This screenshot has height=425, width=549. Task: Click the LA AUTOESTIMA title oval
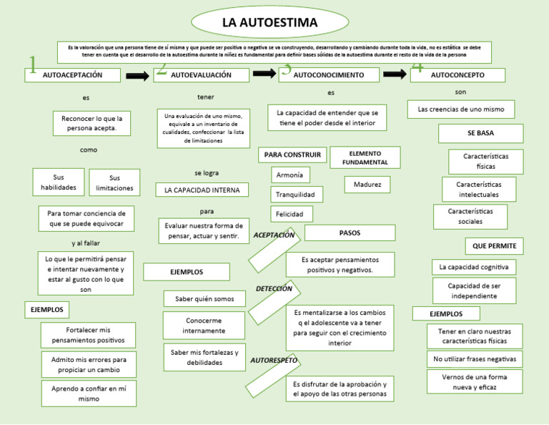pyautogui.click(x=269, y=23)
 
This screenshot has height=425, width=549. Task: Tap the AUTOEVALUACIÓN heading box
pyautogui.click(x=202, y=74)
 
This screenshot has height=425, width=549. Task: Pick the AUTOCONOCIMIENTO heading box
pyautogui.click(x=329, y=74)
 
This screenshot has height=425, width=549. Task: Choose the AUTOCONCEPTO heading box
pyautogui.click(x=457, y=74)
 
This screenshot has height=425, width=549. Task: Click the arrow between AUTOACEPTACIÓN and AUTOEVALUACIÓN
pyautogui.click(x=137, y=76)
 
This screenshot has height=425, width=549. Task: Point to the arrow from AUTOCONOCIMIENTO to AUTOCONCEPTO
pyautogui.click(x=395, y=74)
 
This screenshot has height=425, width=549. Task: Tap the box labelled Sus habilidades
pyautogui.click(x=59, y=182)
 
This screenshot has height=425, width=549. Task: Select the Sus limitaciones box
pyautogui.click(x=114, y=182)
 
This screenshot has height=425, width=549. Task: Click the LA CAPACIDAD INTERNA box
pyautogui.click(x=202, y=190)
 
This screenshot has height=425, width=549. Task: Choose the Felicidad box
pyautogui.click(x=292, y=214)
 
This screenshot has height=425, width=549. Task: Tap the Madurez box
pyautogui.click(x=367, y=185)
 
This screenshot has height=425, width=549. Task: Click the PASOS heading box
pyautogui.click(x=350, y=233)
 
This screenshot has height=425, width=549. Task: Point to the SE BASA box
pyautogui.click(x=480, y=133)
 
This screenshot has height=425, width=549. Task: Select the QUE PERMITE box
pyautogui.click(x=494, y=246)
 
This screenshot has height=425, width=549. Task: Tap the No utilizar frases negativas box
pyautogui.click(x=475, y=358)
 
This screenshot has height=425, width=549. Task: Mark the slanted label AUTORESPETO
pyautogui.click(x=274, y=361)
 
